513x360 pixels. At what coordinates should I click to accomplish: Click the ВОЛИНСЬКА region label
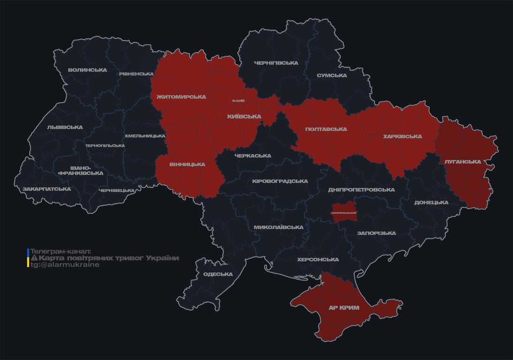(x=87, y=70)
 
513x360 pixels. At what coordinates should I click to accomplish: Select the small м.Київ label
(x=238, y=101)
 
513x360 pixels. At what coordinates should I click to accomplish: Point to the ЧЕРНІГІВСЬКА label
(x=276, y=63)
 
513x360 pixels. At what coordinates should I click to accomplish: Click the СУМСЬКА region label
(x=332, y=75)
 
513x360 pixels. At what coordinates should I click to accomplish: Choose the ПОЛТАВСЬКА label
(x=326, y=129)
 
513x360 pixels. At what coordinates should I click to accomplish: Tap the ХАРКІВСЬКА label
(x=402, y=136)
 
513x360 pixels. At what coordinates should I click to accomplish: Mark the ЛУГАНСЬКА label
(x=463, y=161)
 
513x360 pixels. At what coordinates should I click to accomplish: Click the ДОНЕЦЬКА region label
(x=431, y=202)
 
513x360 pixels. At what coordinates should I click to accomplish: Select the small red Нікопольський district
(x=344, y=210)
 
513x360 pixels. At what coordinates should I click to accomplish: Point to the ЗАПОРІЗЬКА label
(x=376, y=233)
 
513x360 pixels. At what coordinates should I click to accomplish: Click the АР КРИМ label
(x=344, y=308)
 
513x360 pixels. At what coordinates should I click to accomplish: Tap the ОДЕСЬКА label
(x=218, y=274)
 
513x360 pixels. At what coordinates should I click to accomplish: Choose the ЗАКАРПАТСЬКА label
(x=46, y=189)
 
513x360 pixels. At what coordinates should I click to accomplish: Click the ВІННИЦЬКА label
(x=187, y=164)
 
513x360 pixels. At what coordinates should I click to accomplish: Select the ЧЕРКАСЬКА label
(x=253, y=156)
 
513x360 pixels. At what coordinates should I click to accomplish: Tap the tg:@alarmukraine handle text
(x=65, y=264)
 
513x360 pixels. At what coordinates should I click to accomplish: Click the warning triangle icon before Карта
(x=34, y=258)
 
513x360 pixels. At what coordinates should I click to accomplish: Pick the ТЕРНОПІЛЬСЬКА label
(x=105, y=145)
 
